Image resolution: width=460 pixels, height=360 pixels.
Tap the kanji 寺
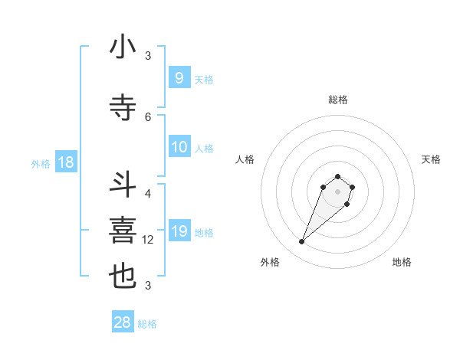pyautogui.click(x=123, y=108)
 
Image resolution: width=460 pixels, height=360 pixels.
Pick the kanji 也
pyautogui.click(x=123, y=277)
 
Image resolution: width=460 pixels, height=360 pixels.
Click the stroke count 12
pyautogui.click(x=149, y=241)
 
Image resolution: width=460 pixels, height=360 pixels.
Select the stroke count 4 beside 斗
pyautogui.click(x=148, y=194)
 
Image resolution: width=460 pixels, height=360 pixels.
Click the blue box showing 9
pyautogui.click(x=179, y=77)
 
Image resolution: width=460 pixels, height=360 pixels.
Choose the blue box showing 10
pyautogui.click(x=179, y=147)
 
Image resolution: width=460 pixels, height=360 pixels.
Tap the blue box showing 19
pyautogui.click(x=179, y=231)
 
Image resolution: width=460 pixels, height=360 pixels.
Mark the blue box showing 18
pyautogui.click(x=65, y=162)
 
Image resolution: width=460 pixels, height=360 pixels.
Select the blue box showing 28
pyautogui.click(x=123, y=322)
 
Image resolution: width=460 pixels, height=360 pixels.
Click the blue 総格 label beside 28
pyautogui.click(x=147, y=324)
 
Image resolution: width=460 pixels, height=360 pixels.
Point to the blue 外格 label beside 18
pyautogui.click(x=41, y=164)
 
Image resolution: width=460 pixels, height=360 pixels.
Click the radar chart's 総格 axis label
pyautogui.click(x=338, y=100)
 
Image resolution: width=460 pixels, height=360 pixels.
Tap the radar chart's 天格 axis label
pyautogui.click(x=431, y=159)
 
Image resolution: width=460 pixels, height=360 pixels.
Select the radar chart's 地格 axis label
pyautogui.click(x=402, y=262)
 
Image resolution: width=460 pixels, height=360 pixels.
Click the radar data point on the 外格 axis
pyautogui.click(x=301, y=242)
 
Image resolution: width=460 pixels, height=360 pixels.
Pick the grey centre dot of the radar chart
pyautogui.click(x=338, y=191)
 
